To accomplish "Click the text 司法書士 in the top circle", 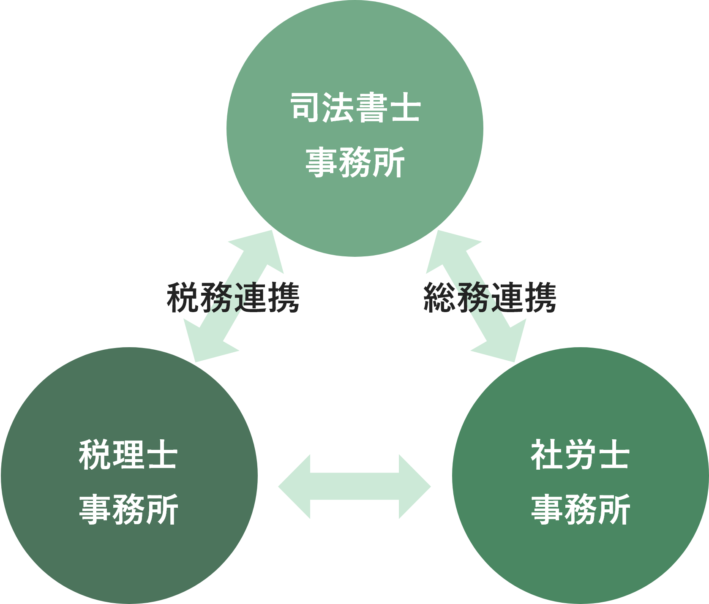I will [355, 108].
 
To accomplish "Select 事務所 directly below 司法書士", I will [355, 162].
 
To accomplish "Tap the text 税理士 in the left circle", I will [128, 455].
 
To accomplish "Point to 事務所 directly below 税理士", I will [128, 509].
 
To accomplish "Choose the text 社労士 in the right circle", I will [580, 455].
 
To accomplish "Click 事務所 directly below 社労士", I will [580, 509].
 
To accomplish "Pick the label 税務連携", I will [233, 298].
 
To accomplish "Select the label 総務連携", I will [490, 298].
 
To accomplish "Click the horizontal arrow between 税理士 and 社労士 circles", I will [354, 487].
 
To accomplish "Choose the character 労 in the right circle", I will [580, 455].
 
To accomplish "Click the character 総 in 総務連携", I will [440, 298].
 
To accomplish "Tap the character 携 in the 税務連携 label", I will [283, 298].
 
